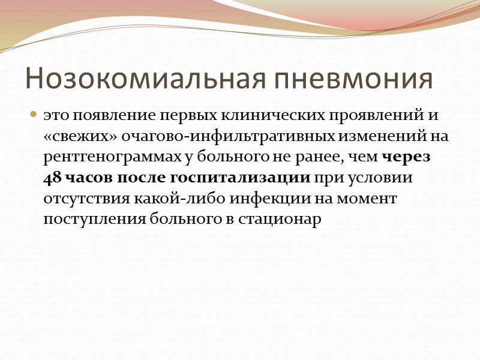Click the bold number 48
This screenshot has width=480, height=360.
tap(50, 178)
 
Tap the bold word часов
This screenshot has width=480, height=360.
tap(82, 178)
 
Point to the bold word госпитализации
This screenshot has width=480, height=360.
tap(240, 178)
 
